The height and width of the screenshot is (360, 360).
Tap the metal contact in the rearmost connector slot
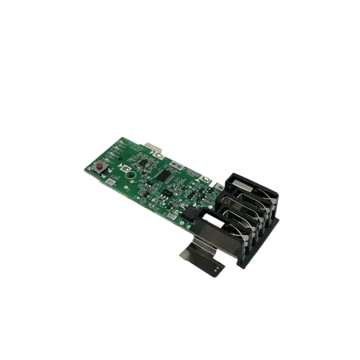click(x=244, y=188)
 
